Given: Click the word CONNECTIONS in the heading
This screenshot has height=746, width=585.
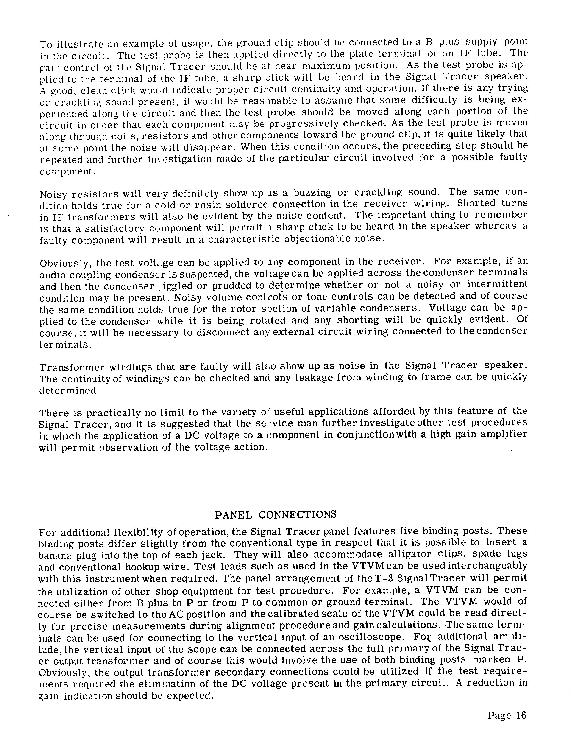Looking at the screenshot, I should tap(297, 515).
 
